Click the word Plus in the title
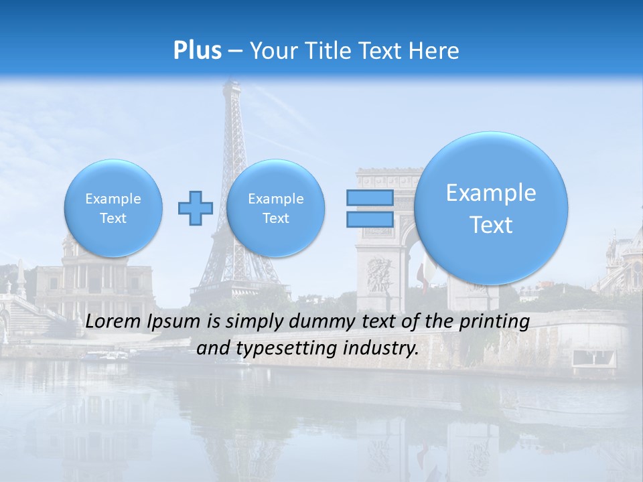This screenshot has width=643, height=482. click(x=197, y=51)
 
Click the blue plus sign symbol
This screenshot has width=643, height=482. click(x=196, y=208)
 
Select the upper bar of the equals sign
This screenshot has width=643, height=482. click(x=369, y=197)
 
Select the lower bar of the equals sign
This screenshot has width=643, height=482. click(x=369, y=219)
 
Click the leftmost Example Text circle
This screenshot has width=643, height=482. click(x=113, y=208)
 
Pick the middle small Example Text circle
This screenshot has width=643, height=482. click(x=275, y=208)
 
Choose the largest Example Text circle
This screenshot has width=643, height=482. click(x=491, y=208)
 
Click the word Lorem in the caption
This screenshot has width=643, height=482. click(x=113, y=322)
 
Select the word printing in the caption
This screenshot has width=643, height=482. click(x=494, y=322)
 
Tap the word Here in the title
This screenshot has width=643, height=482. click(x=436, y=51)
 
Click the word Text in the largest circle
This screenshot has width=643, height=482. click(x=491, y=225)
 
